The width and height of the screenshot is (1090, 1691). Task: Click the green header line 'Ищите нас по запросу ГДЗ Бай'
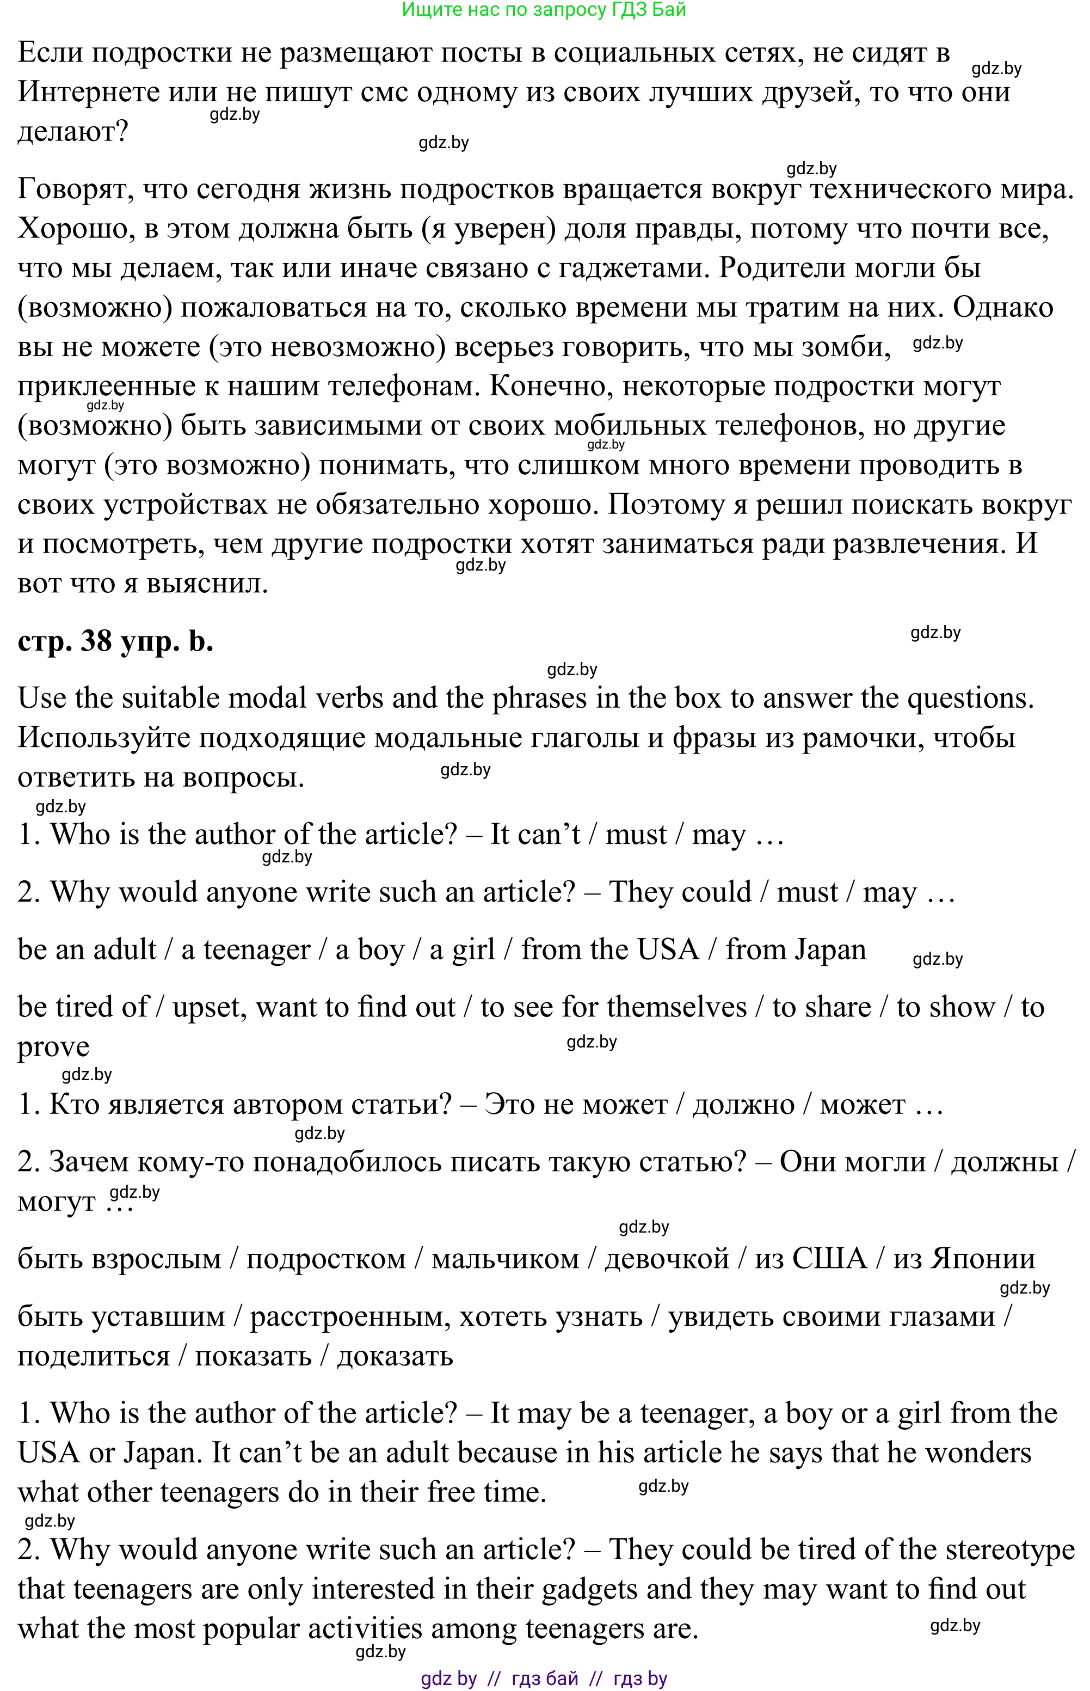[544, 10]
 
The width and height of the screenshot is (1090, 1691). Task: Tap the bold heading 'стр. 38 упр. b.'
[115, 641]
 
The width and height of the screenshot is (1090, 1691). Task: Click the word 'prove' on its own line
[53, 1048]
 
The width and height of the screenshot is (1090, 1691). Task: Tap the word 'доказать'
[395, 1357]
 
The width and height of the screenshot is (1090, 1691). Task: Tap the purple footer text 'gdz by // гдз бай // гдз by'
[544, 1679]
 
